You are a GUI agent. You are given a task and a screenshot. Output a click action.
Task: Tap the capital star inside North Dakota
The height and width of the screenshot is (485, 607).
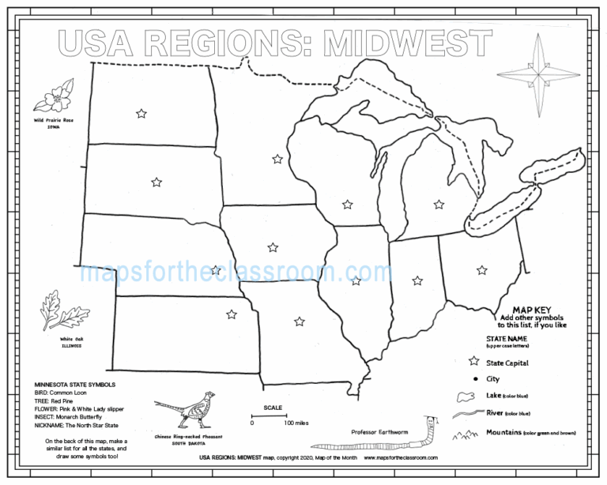click(x=141, y=114)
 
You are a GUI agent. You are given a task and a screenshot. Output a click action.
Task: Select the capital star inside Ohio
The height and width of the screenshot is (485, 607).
click(x=481, y=270)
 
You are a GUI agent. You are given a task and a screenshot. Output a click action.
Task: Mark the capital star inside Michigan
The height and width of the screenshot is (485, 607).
click(x=439, y=205)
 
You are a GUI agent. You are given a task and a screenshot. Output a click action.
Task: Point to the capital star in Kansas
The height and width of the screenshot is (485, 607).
click(x=232, y=314)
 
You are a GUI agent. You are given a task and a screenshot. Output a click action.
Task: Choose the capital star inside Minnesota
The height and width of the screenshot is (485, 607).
click(x=277, y=159)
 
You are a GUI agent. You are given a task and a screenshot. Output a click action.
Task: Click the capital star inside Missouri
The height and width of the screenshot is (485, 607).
click(x=299, y=321)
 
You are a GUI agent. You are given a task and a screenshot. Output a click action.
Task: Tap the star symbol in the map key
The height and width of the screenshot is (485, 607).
click(x=473, y=362)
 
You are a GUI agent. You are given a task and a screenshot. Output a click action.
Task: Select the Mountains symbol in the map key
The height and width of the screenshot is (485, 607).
click(x=464, y=433)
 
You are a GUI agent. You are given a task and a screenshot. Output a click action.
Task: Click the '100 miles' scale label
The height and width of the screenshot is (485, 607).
click(x=296, y=423)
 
